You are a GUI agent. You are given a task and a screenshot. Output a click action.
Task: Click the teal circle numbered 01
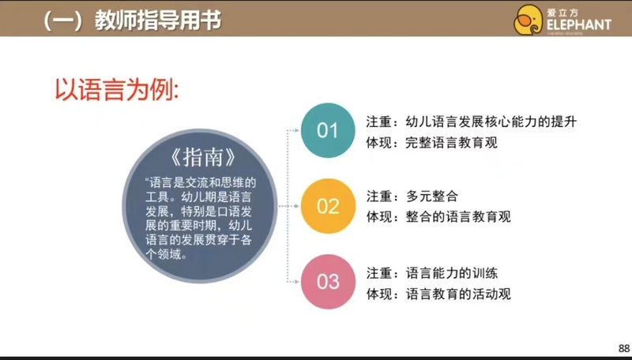[328, 130]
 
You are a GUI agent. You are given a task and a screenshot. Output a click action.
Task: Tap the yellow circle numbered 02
[328, 206]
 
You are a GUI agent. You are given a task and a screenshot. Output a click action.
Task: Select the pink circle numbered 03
[328, 282]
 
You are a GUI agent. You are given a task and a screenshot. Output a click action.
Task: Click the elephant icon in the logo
[528, 20]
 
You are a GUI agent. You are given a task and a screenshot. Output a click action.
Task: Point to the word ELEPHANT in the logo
[579, 25]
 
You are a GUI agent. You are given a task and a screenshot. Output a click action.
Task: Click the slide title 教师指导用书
[158, 21]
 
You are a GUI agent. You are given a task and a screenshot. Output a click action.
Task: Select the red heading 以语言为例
[116, 89]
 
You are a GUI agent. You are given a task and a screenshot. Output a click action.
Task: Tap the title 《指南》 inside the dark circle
[203, 157]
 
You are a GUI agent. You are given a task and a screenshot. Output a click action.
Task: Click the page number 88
[624, 348]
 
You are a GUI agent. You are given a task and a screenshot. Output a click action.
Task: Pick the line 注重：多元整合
[412, 196]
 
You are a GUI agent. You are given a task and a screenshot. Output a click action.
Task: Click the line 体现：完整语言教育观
[431, 143]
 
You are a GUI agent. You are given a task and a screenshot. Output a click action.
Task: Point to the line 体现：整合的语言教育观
[438, 216]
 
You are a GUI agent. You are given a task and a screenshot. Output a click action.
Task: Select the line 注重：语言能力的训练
[431, 273]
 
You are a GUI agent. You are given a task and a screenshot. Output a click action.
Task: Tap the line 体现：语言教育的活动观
[438, 294]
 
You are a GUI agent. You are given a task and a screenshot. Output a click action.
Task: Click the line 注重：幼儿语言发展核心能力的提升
[471, 122]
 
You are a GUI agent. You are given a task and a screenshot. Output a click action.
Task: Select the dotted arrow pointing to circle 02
[288, 206]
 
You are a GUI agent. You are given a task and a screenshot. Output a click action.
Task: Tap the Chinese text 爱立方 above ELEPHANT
[562, 13]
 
